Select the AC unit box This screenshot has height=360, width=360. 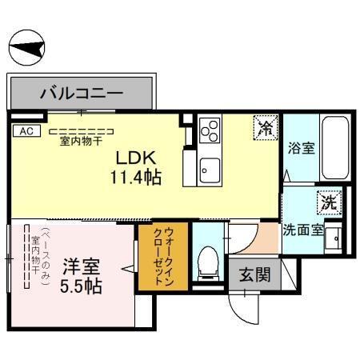pyautogui.click(x=25, y=130)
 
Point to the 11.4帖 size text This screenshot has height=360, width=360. pyautogui.click(x=135, y=177)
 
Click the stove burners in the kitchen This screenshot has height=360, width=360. pyautogui.click(x=210, y=130)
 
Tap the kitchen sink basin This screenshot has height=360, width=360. pyautogui.click(x=210, y=168)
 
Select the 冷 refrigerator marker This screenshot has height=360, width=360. pyautogui.click(x=265, y=126)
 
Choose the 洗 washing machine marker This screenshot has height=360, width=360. pyautogui.click(x=328, y=202)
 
